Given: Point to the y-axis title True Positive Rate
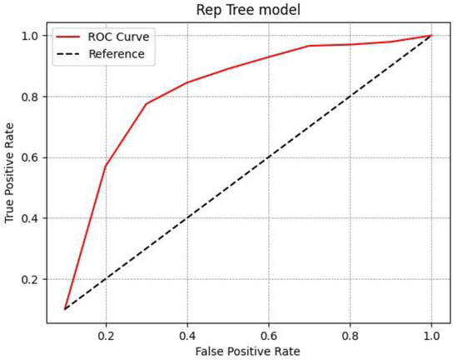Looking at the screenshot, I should [10, 172].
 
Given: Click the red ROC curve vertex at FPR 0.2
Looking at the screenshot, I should [106, 167].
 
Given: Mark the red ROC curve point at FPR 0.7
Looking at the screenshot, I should [309, 46].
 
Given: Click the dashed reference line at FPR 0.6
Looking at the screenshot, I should [268, 157].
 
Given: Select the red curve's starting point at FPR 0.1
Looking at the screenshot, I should [65, 309].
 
